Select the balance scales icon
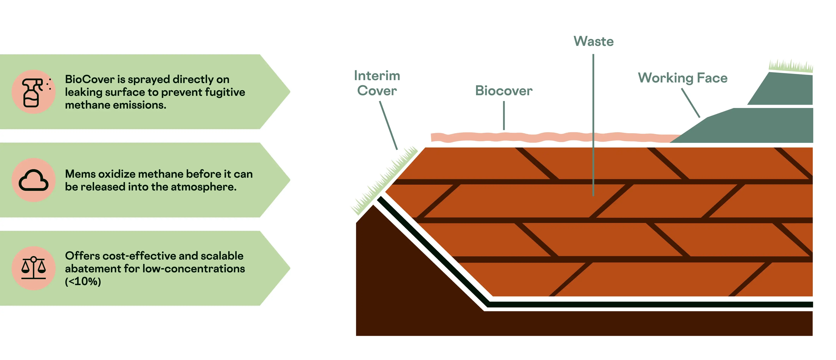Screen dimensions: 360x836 pyautogui.click(x=33, y=268)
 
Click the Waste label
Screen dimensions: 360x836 pyautogui.click(x=594, y=42)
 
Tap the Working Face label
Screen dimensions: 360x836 pyautogui.click(x=683, y=78)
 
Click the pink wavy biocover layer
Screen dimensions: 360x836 pyautogui.click(x=552, y=137)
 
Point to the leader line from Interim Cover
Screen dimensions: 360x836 pyautogui.click(x=388, y=125)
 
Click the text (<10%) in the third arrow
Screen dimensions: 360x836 pyautogui.click(x=83, y=281)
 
